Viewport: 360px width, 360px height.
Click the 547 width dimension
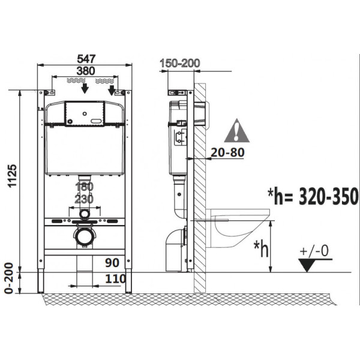pyautogui.click(x=86, y=59)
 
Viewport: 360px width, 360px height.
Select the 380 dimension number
pyautogui.click(x=86, y=71)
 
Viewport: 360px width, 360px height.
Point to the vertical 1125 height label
pyautogui.click(x=13, y=176)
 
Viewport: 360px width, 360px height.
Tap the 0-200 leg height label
pyautogui.click(x=10, y=278)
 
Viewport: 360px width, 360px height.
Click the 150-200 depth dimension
pyautogui.click(x=180, y=63)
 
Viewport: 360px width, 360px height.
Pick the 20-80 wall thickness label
pyautogui.click(x=227, y=152)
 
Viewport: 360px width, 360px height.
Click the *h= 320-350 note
pyautogui.click(x=313, y=196)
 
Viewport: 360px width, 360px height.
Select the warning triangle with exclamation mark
pyautogui.click(x=237, y=130)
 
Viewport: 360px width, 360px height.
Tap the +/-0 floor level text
pyautogui.click(x=314, y=251)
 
